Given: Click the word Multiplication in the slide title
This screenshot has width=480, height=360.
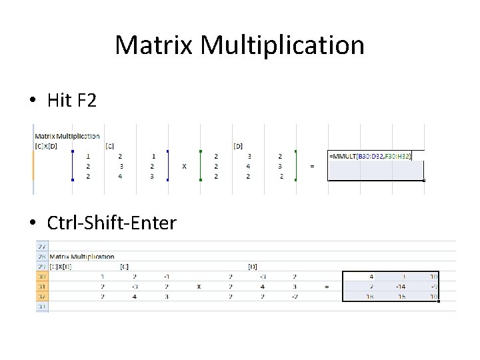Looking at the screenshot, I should pyautogui.click(x=282, y=45).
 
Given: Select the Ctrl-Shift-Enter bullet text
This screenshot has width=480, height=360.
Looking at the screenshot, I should pyautogui.click(x=111, y=222).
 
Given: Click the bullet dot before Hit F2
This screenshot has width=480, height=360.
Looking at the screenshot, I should pyautogui.click(x=33, y=101).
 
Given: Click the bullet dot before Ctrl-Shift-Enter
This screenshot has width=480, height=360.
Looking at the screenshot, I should pyautogui.click(x=33, y=223).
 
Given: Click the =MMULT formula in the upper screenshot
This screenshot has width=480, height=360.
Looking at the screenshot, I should pyautogui.click(x=370, y=156).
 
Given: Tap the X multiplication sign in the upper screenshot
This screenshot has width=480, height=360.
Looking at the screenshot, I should pyautogui.click(x=184, y=166).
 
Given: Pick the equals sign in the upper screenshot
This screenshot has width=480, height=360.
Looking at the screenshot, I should pyautogui.click(x=313, y=166).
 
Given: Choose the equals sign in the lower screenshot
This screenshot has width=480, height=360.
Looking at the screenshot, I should pyautogui.click(x=326, y=287).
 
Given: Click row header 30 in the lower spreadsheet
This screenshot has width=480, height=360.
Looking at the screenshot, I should pyautogui.click(x=42, y=277).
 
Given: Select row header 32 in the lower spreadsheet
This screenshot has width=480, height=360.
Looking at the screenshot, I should pyautogui.click(x=42, y=297).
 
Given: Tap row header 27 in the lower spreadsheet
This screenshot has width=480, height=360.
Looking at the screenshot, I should pyautogui.click(x=42, y=246).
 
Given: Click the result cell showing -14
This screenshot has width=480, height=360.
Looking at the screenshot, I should pyautogui.click(x=400, y=287).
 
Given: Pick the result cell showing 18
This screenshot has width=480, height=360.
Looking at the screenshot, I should pyautogui.click(x=369, y=297).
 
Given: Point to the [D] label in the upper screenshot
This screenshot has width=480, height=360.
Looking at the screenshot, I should pyautogui.click(x=238, y=145).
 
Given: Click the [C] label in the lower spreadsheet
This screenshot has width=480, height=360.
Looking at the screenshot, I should pyautogui.click(x=124, y=267).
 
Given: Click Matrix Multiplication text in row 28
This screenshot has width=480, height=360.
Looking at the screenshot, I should pyautogui.click(x=82, y=257).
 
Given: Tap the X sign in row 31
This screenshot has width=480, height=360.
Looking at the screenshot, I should pyautogui.click(x=199, y=287).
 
